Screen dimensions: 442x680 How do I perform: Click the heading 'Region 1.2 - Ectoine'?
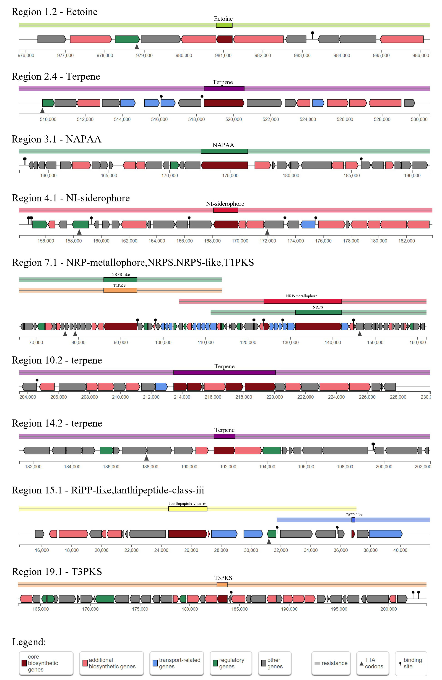click(x=55, y=12)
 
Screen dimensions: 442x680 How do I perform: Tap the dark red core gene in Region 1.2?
click(x=224, y=39)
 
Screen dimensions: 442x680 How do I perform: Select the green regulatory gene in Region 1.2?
click(x=127, y=39)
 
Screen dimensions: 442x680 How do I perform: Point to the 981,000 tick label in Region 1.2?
click(x=223, y=55)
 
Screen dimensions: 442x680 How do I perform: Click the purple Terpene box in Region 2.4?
click(x=224, y=89)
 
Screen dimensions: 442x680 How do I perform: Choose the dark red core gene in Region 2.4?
click(x=224, y=103)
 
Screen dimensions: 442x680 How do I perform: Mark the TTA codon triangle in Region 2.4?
click(x=42, y=110)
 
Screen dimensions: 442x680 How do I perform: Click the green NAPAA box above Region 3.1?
click(x=224, y=151)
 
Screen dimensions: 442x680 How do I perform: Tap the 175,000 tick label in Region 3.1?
click(x=230, y=175)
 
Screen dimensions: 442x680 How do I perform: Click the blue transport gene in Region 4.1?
click(x=308, y=224)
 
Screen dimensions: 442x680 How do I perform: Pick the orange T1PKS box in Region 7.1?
click(x=120, y=290)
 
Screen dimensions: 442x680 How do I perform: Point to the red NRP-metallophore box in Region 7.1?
click(x=302, y=301)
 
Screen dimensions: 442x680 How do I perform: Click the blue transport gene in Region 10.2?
click(x=161, y=387)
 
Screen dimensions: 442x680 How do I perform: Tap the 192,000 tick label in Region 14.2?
click(x=228, y=467)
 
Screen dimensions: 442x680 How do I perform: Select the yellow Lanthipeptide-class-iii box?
click(x=188, y=509)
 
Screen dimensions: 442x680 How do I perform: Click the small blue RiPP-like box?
click(x=353, y=520)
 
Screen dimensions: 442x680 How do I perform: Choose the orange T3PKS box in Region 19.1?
click(x=222, y=584)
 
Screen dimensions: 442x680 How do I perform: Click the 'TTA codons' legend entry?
click(x=372, y=663)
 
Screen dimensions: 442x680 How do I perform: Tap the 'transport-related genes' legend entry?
click(x=177, y=663)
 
